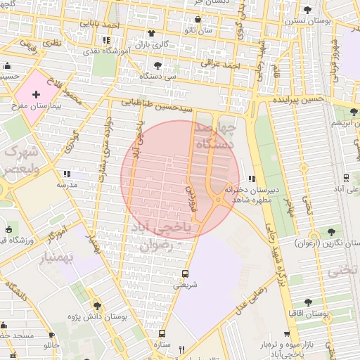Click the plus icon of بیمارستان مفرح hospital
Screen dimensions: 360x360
tap(36, 94)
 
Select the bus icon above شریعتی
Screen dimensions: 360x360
tap(185, 274)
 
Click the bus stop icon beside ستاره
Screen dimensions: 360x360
tap(162, 334)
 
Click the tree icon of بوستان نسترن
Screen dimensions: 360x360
tap(308, 9)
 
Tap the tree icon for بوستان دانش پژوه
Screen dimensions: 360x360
tap(97, 306)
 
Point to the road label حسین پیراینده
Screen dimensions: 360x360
tap(299, 100)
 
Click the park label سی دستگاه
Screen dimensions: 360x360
tap(155, 75)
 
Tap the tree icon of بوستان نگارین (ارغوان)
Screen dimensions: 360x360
tap(331, 231)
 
